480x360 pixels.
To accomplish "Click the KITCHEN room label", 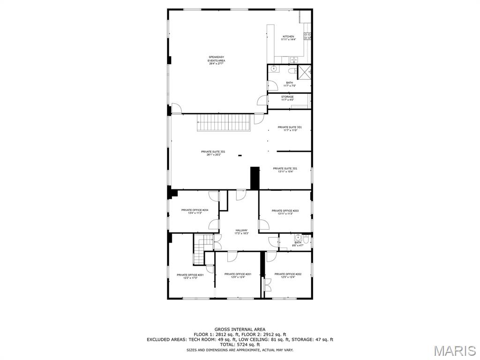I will (x=288, y=38).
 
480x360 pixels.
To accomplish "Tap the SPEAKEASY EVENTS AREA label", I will (x=216, y=60).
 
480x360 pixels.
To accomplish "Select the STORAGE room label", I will (x=287, y=98).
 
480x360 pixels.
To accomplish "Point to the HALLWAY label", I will (x=241, y=232).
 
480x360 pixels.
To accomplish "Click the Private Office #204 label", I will (x=192, y=211).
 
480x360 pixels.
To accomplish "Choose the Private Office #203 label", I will (x=285, y=212).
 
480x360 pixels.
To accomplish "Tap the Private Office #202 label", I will (x=288, y=275).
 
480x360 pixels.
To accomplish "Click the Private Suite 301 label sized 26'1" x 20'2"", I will (x=213, y=153).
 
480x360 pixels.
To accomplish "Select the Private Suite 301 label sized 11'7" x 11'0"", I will (x=289, y=128).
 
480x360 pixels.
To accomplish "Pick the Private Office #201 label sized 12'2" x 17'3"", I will (x=190, y=276).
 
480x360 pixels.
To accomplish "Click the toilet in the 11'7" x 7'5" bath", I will (x=292, y=71).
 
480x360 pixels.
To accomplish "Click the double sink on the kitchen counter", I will (x=294, y=59).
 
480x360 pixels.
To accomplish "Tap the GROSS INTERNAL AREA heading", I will (x=240, y=330).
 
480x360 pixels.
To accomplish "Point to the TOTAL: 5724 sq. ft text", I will (x=240, y=345).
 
